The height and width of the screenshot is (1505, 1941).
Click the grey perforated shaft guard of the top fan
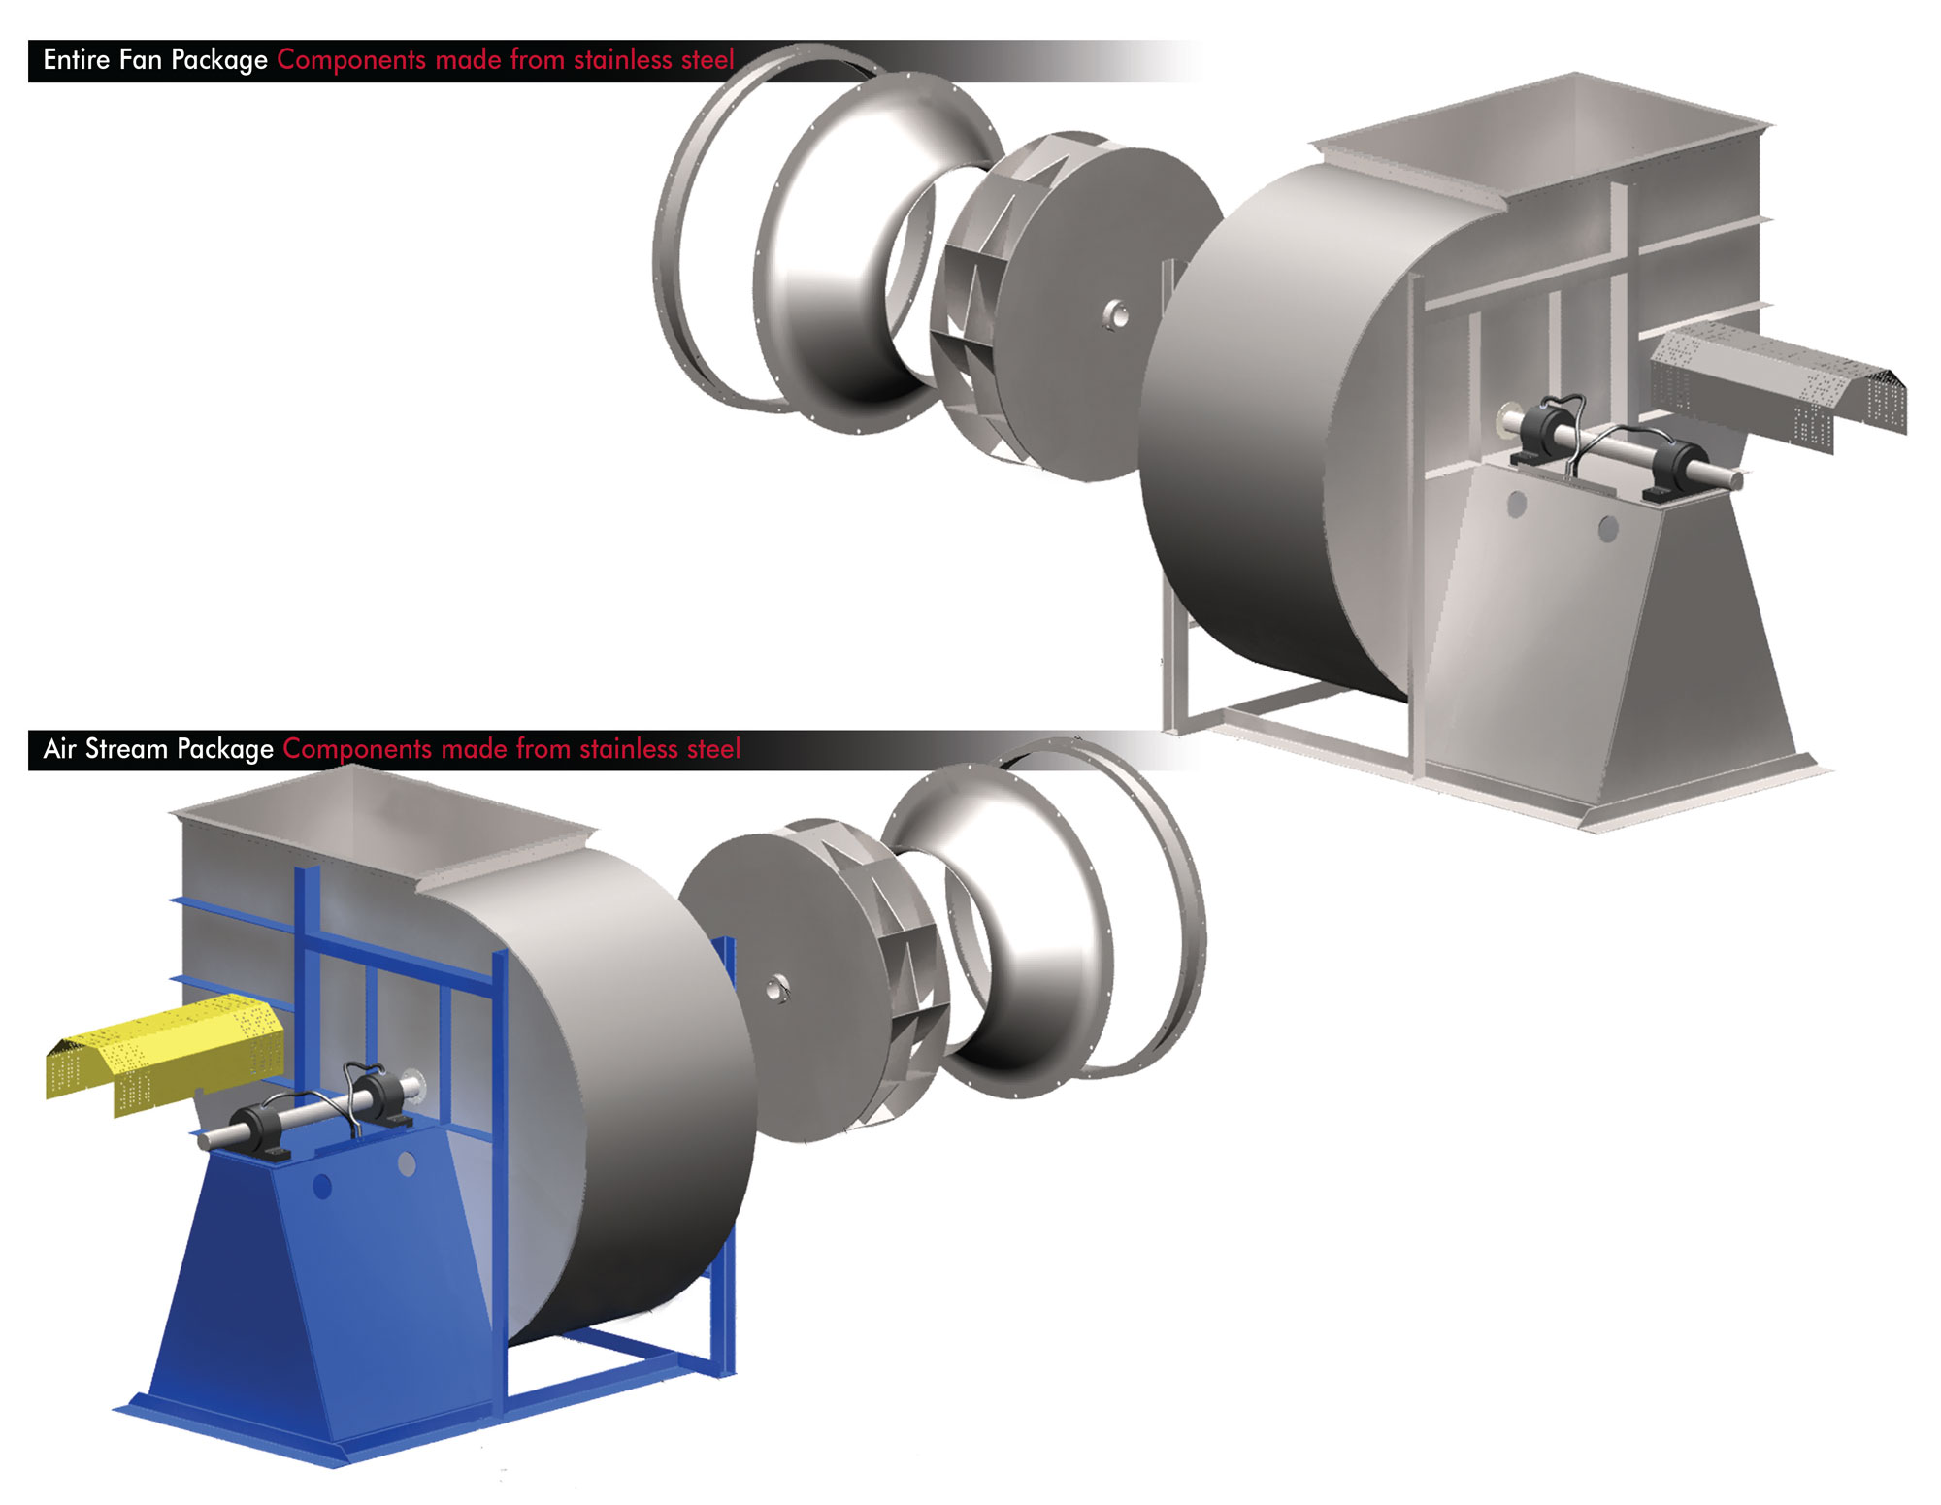[x=1776, y=383]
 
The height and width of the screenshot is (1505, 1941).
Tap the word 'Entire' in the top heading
[x=76, y=60]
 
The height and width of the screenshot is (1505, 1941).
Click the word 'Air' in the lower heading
[x=59, y=749]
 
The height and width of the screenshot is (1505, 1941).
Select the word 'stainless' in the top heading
[x=622, y=60]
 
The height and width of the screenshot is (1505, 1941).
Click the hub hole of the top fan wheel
[x=1116, y=314]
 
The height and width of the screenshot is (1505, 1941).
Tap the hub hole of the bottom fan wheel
[x=776, y=989]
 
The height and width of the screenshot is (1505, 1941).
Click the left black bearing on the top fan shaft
[x=1543, y=432]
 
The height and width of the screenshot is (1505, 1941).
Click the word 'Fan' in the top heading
[x=140, y=60]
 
